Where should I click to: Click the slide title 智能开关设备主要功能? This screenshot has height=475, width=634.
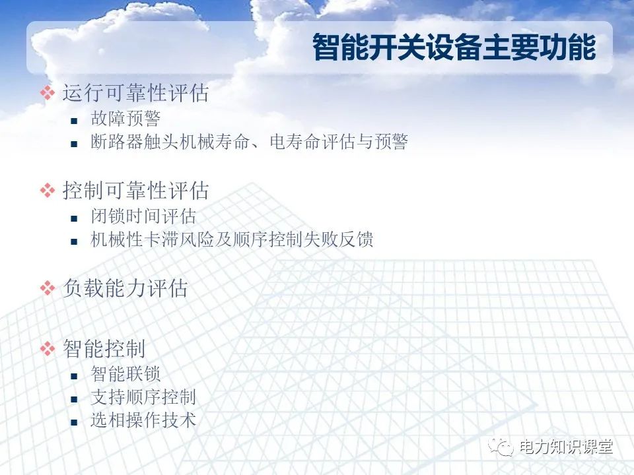coord(454,47)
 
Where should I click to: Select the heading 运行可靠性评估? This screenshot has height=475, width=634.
coord(135,93)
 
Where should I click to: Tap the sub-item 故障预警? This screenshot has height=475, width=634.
coord(125,119)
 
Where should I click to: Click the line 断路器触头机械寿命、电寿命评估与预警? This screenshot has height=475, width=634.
coord(249,142)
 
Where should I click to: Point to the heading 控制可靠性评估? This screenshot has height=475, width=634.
coord(135,191)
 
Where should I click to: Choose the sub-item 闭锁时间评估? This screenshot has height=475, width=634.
coord(143,216)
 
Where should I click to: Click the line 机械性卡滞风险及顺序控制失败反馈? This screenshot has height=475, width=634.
coord(232,239)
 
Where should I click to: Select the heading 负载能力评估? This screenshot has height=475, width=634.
coord(125,288)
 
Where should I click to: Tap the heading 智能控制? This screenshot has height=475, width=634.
coord(104,348)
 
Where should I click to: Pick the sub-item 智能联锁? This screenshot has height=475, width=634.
coord(125,374)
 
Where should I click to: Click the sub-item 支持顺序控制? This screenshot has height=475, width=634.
coord(143,397)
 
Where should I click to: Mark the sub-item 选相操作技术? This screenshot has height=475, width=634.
coord(143,420)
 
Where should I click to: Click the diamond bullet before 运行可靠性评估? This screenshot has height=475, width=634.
coord(47,93)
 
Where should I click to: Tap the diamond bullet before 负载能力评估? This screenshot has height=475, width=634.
coord(47,288)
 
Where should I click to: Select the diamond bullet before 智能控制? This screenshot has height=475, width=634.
coord(47,348)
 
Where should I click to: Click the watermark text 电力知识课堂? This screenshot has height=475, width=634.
coord(566,447)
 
